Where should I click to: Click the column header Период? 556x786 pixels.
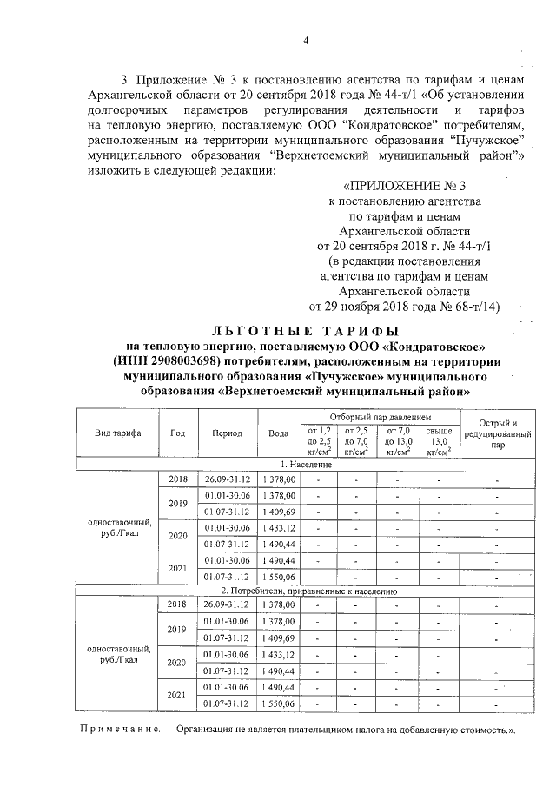(226, 433)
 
